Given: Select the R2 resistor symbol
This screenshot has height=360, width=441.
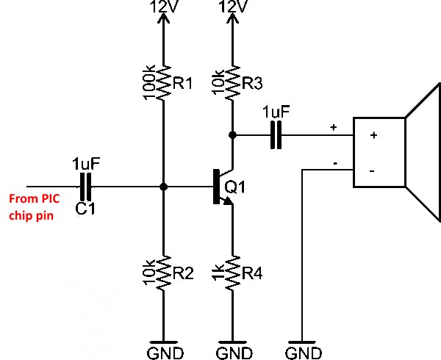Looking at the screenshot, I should pos(163,274).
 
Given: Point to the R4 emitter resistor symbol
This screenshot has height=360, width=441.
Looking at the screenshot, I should pos(233,274).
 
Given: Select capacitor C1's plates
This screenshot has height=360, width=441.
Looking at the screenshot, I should pos(86,187).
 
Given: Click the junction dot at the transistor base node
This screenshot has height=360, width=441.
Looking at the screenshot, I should pos(163,187).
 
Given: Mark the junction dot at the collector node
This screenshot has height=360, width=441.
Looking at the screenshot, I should pos(233,135).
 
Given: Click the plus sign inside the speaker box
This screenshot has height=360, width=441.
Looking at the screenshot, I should pos(373,135).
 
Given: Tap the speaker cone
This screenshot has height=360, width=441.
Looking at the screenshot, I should pos(422,153).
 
